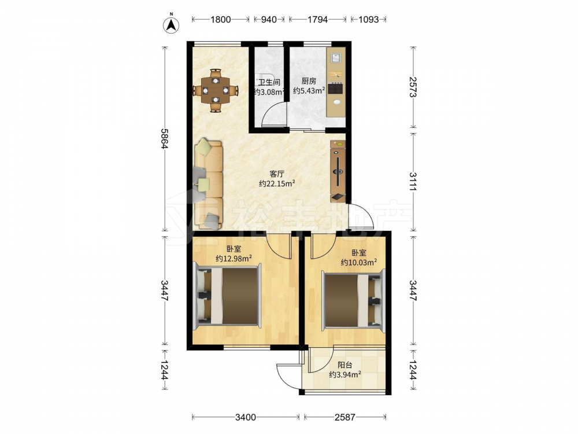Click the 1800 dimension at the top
[220, 20]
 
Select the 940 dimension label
[269, 20]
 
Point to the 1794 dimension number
[317, 20]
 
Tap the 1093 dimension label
[368, 20]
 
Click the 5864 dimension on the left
[164, 138]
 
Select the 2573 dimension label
[413, 87]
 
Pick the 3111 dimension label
[413, 182]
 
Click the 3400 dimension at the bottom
[246, 417]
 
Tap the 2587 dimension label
[344, 417]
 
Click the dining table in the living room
[216, 90]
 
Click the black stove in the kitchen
[336, 88]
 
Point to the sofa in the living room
[208, 183]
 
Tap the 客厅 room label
[276, 174]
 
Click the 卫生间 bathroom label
[269, 83]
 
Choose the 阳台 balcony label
[344, 365]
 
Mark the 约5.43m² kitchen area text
[309, 90]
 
